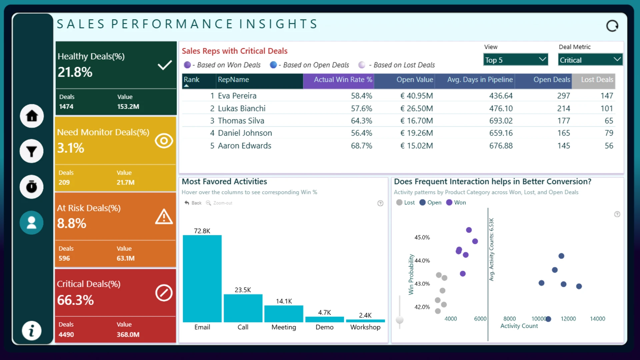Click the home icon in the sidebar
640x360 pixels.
pos(32,116)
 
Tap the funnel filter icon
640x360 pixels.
pos(32,151)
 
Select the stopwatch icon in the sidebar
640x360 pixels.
pos(32,187)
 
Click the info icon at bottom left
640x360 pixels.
pos(32,331)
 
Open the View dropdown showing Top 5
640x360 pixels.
pos(516,60)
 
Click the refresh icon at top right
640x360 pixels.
pos(612,26)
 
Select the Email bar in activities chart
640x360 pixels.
pos(202,279)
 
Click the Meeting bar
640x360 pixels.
pos(284,314)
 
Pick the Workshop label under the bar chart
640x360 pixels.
pos(365,327)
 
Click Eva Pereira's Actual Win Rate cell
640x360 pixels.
pos(361,96)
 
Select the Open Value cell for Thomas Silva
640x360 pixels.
pos(417,121)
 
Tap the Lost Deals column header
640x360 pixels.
pos(597,80)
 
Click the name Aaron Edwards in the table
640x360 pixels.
pos(245,146)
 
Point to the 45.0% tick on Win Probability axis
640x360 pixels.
pos(422,237)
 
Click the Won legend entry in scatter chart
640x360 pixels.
pos(456,202)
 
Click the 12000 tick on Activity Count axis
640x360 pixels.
pos(568,319)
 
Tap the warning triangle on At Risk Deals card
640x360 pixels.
pos(164,217)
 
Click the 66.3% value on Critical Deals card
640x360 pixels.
pos(75,300)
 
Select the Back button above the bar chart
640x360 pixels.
pos(193,203)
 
